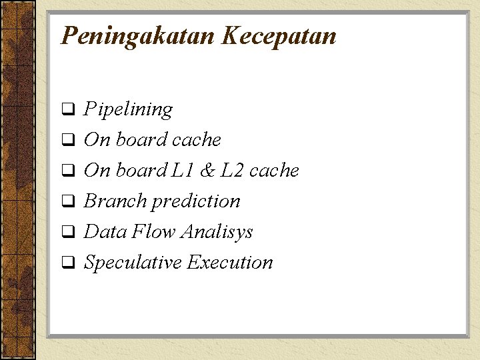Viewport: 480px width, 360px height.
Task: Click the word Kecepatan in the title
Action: point(279,36)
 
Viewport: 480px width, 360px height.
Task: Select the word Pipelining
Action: point(128,109)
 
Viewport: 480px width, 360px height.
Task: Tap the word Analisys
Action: point(217,233)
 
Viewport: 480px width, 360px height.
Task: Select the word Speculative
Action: point(133,263)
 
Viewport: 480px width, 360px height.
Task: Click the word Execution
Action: point(230,263)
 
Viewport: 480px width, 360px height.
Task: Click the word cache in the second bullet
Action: point(196,140)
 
